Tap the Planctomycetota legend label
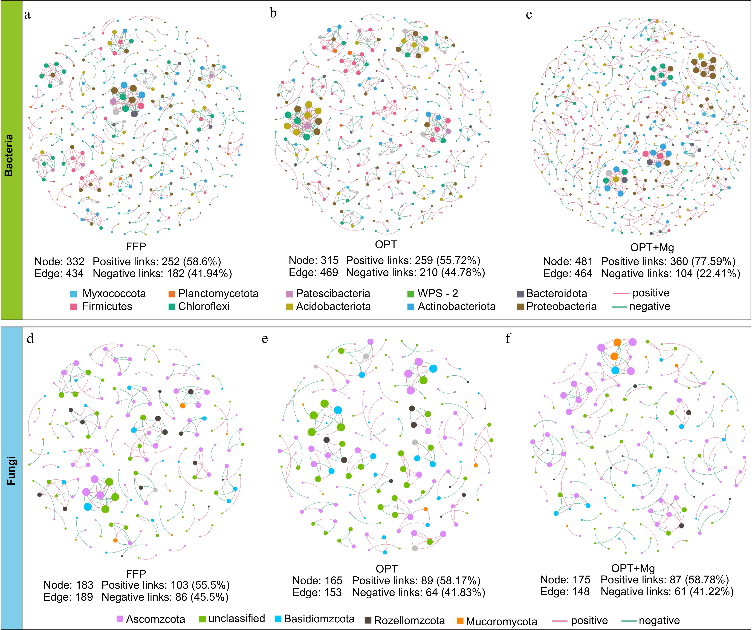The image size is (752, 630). tap(218, 294)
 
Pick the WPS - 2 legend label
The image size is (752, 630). tap(438, 294)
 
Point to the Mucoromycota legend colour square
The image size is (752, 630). tap(460, 621)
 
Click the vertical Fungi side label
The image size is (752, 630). tap(11, 471)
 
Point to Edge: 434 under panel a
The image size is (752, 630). tap(59, 274)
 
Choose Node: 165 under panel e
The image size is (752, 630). tap(317, 581)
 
